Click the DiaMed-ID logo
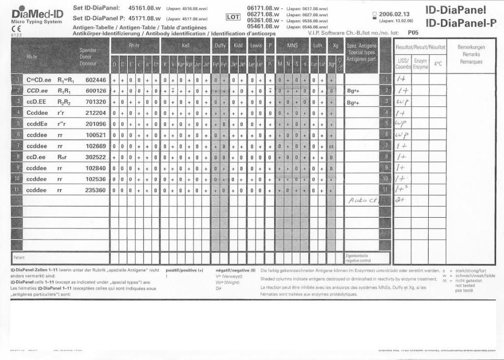point(37,13)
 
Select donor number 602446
point(95,80)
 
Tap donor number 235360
point(95,190)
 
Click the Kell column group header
point(186,45)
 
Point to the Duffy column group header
point(220,45)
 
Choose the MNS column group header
point(292,45)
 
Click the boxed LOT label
point(232,17)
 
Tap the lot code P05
point(413,33)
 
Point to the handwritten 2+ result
point(400,200)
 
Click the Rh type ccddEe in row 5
point(37,124)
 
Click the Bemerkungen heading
point(471,47)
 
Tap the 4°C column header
point(438,64)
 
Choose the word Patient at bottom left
point(19,258)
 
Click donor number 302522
point(95,157)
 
